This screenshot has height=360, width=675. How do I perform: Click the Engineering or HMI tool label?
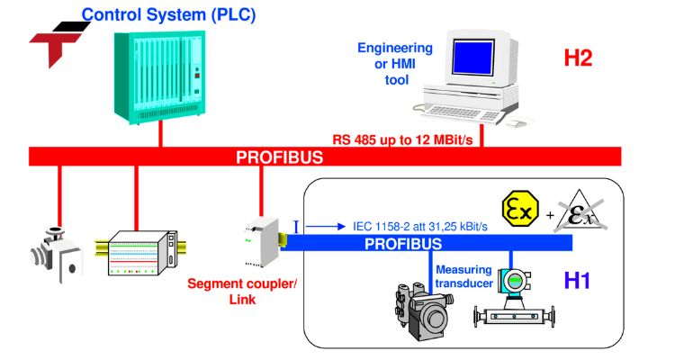(x=395, y=63)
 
